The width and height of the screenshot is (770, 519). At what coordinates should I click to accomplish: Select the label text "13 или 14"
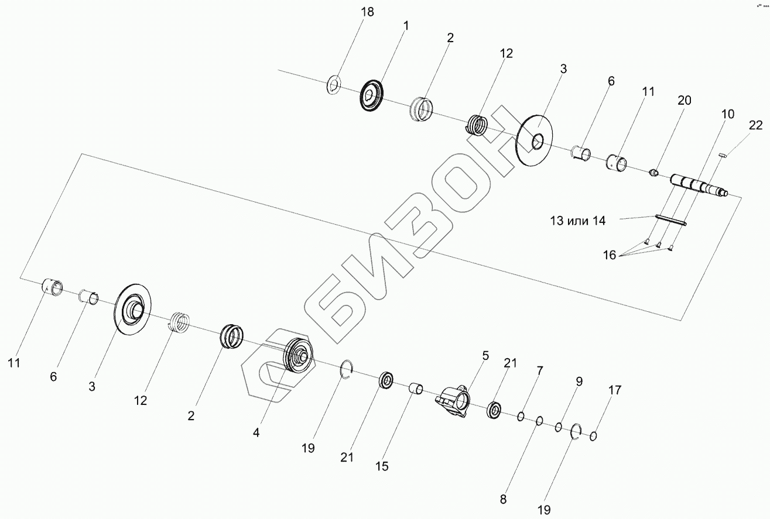[x=577, y=221]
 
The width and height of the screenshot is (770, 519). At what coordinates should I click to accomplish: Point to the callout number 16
[x=610, y=255]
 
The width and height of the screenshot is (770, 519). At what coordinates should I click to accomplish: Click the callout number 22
[x=756, y=125]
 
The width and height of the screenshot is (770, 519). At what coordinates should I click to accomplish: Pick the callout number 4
[x=256, y=433]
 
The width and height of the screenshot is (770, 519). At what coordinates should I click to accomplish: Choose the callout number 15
[x=382, y=466]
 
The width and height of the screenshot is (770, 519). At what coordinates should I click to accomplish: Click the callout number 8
[x=503, y=500]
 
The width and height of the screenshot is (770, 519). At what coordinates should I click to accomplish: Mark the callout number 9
[x=579, y=381]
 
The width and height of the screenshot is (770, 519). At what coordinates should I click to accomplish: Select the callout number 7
[x=539, y=370]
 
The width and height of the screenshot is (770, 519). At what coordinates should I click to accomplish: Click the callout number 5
[x=485, y=355]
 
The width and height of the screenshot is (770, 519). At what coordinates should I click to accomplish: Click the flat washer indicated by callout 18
[x=334, y=86]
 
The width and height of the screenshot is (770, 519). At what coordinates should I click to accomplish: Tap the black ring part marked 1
[x=371, y=95]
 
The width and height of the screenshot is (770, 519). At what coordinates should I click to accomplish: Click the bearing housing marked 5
[x=453, y=403]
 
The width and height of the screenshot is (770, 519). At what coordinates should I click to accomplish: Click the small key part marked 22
[x=723, y=154]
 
